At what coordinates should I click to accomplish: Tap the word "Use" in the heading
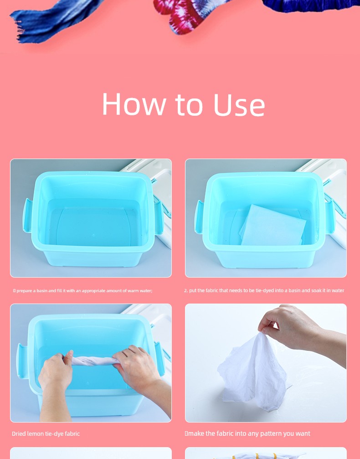[239, 104]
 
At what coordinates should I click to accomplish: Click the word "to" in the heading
[189, 105]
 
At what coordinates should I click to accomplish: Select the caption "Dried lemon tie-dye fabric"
[46, 433]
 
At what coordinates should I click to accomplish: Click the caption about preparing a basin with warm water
[82, 291]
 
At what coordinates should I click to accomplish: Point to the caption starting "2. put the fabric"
[264, 290]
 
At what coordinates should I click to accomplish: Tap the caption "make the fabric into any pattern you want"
[247, 433]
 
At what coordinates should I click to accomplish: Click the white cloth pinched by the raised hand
[254, 373]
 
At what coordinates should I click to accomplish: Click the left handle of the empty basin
[27, 216]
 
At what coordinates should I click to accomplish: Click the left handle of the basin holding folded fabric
[199, 217]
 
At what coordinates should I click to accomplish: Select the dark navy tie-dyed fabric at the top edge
[310, 6]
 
